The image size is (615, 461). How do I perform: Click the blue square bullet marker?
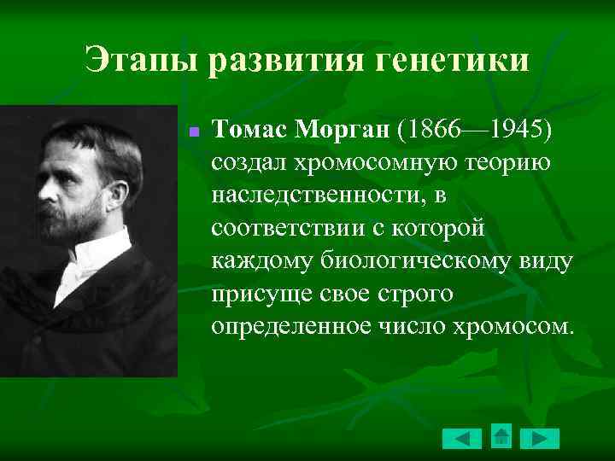pos(194,133)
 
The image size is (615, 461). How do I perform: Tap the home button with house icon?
pos(502,436)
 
